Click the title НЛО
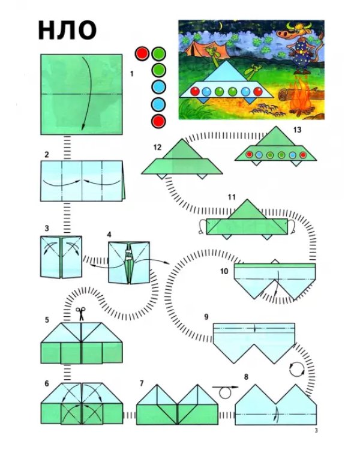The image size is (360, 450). (67, 30)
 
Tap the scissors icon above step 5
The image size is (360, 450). (80, 313)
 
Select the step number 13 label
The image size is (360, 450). (297, 130)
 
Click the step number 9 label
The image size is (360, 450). (206, 317)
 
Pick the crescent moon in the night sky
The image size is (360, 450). (220, 26)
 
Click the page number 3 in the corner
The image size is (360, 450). (316, 430)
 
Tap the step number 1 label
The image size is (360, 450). (132, 74)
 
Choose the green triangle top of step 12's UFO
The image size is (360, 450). (182, 150)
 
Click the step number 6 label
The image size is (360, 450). (47, 384)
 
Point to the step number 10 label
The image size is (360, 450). (224, 271)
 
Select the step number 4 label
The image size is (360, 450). (109, 235)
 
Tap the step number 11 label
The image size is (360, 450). (232, 197)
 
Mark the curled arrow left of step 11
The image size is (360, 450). (200, 227)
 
